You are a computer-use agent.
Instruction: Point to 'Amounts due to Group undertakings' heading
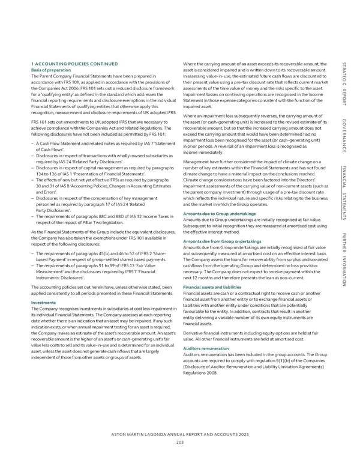220,214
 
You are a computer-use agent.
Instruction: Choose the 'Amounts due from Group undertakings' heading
223,241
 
